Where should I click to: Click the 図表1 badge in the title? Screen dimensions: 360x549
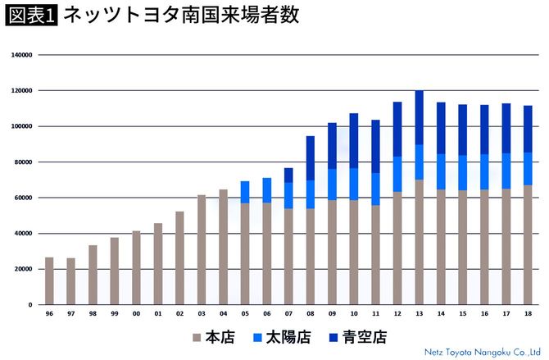click(31, 16)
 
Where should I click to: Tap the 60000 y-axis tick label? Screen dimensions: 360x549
click(22, 198)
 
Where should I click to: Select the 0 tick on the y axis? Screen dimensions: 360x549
click(29, 304)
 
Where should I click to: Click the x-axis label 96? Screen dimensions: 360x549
click(49, 314)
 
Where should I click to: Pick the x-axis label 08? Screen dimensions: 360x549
click(311, 314)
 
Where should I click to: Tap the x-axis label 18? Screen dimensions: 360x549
click(528, 314)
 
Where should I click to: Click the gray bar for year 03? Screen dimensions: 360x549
click(202, 249)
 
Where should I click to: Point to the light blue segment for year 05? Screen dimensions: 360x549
click(245, 192)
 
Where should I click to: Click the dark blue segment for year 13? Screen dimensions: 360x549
click(420, 117)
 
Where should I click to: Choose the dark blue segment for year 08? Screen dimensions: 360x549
click(311, 158)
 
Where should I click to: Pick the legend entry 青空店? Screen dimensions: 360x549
click(358, 336)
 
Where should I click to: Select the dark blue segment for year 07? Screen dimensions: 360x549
click(288, 175)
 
